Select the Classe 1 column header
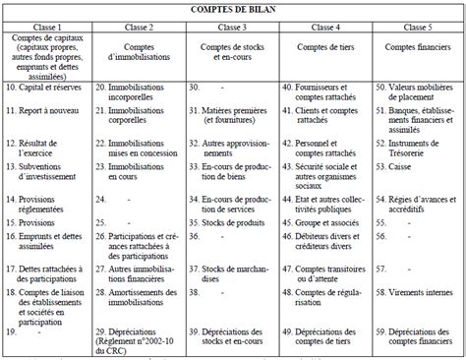coord(47,27)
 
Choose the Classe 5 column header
coord(418,27)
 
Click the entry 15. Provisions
coord(34,224)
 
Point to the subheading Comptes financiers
coord(418,48)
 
